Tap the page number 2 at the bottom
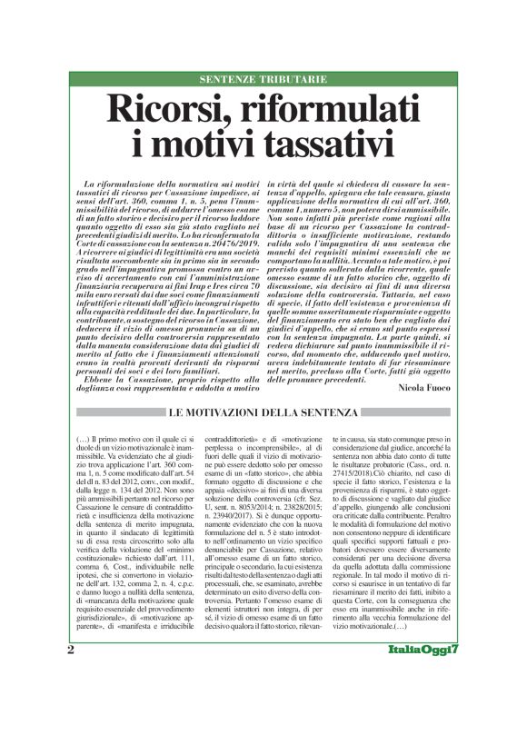pyautogui.click(x=71, y=700)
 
